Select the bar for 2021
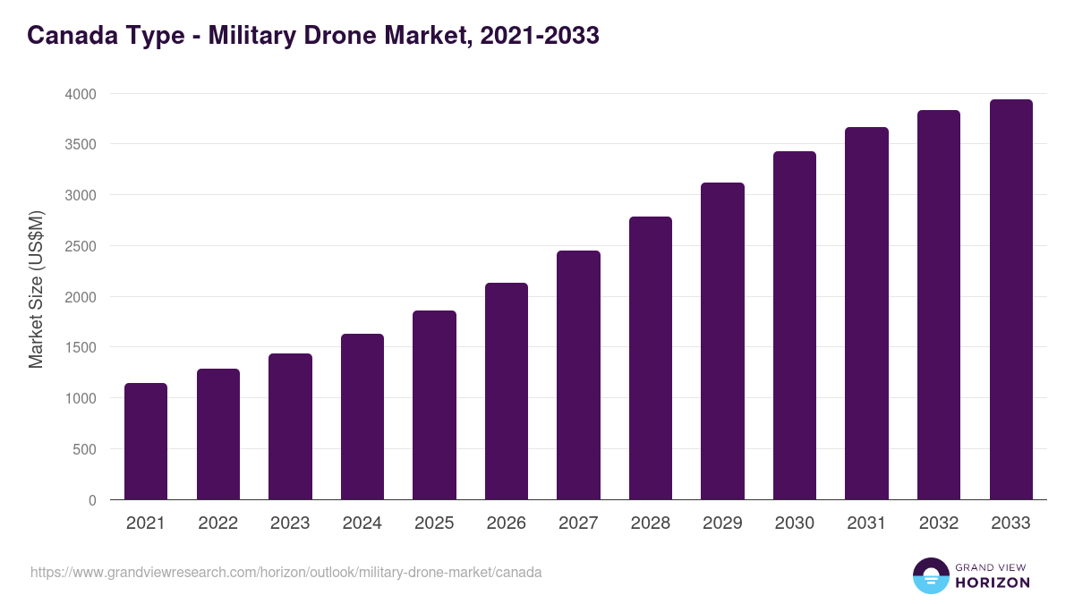coord(146,441)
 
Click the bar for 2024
coord(362,417)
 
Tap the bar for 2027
coord(578,375)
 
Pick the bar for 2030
coord(795,326)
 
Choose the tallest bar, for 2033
coord(1010,300)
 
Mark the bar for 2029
coord(722,341)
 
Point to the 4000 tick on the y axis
coord(81,94)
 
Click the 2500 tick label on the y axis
coord(81,246)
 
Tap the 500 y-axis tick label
coord(85,449)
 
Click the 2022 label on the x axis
coord(217,523)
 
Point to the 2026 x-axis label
coord(507,523)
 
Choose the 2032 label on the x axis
coord(939,523)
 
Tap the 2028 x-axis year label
coord(651,523)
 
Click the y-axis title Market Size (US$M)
coord(36,289)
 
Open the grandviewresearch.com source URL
coord(286,572)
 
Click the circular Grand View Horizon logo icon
coord(930,575)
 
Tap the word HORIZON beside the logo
coord(993,583)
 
